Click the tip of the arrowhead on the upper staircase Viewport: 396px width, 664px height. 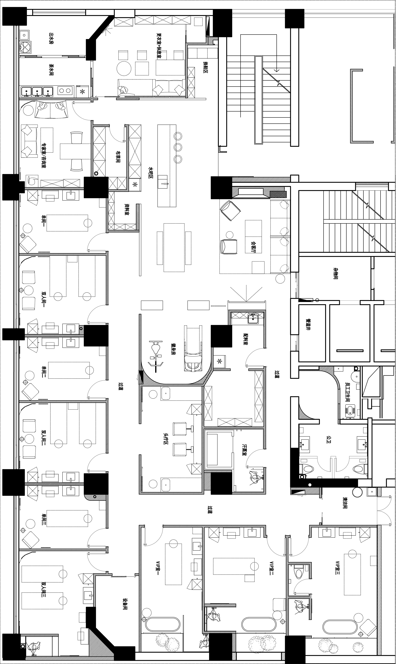point(276,72)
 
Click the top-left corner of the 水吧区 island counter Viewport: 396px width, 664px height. point(158,125)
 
